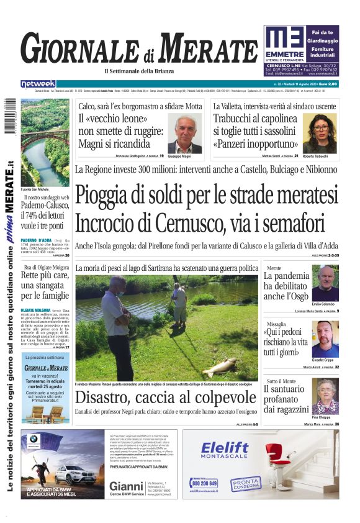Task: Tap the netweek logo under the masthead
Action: (38, 83)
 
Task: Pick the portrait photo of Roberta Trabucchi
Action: (319, 132)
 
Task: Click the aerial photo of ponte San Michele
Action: (45, 142)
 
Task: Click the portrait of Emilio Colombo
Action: (325, 284)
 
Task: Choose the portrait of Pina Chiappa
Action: (325, 396)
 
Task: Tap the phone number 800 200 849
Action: (205, 483)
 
